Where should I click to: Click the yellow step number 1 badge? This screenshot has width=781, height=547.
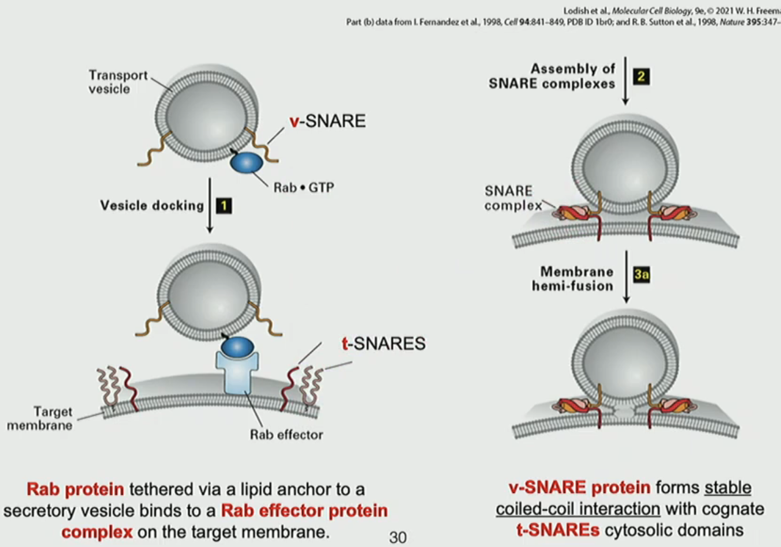[x=223, y=206]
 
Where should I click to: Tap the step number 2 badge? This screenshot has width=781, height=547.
[x=641, y=76]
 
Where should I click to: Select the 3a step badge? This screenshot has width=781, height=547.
[x=642, y=275]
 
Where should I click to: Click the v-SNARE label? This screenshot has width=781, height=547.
[x=328, y=121]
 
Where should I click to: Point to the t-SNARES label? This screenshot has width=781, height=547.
[x=383, y=343]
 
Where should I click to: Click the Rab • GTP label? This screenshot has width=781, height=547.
[x=303, y=188]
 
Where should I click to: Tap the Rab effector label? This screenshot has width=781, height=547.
[x=286, y=435]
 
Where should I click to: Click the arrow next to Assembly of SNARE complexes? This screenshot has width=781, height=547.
[x=625, y=81]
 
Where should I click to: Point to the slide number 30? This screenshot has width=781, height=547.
[x=398, y=537]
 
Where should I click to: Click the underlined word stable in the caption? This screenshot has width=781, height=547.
[x=727, y=488]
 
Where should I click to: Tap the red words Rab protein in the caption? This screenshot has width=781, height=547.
[x=75, y=489]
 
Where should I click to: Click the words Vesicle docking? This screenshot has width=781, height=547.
[x=152, y=206]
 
